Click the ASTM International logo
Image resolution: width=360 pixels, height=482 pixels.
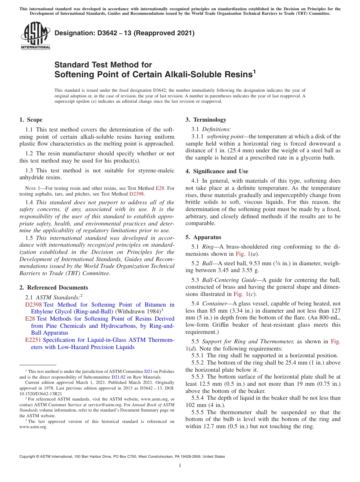(35, 36)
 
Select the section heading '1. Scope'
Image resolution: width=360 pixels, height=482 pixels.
(31, 120)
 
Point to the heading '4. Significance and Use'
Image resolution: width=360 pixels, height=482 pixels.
(217, 171)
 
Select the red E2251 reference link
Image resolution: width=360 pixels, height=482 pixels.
(33, 340)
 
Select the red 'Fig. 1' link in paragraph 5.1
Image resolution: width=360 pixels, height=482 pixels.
(242, 254)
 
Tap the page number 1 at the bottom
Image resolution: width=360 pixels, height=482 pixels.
(180, 465)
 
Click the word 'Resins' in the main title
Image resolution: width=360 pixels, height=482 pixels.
(232, 74)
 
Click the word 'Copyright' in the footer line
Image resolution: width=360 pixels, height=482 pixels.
(28, 457)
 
